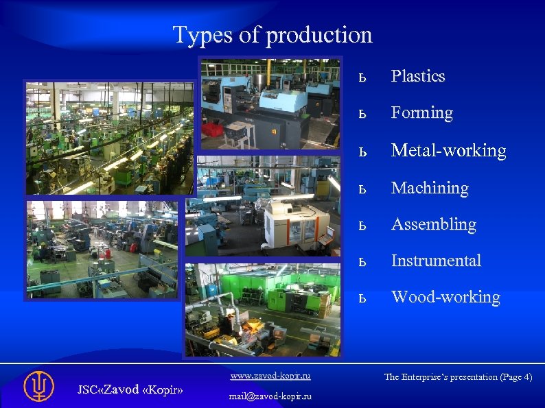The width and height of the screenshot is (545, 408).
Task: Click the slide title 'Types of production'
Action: click(272, 34)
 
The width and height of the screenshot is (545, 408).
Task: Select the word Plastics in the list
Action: click(417, 76)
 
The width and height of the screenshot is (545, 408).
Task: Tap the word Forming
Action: click(421, 112)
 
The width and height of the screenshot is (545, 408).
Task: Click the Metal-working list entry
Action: click(448, 150)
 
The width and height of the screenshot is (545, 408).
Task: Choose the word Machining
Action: click(430, 188)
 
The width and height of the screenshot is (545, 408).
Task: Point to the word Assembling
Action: click(433, 224)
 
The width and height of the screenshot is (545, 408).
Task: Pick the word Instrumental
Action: click(436, 261)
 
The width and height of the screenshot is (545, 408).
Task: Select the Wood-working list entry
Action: click(445, 297)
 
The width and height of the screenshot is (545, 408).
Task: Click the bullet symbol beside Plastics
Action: click(363, 77)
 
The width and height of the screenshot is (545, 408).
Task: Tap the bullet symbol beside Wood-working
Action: click(363, 298)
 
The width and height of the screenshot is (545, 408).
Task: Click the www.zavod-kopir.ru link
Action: click(270, 376)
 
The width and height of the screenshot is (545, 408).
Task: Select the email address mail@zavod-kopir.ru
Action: click(270, 396)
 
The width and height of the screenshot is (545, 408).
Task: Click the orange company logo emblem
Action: click(38, 386)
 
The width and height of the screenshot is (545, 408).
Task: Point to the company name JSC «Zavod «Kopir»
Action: click(130, 389)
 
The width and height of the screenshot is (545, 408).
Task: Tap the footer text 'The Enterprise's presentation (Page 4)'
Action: click(458, 377)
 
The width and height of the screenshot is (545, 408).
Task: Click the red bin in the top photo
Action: click(213, 128)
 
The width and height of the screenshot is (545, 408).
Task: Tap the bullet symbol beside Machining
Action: click(363, 189)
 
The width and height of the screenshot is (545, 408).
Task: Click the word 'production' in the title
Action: click(318, 34)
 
